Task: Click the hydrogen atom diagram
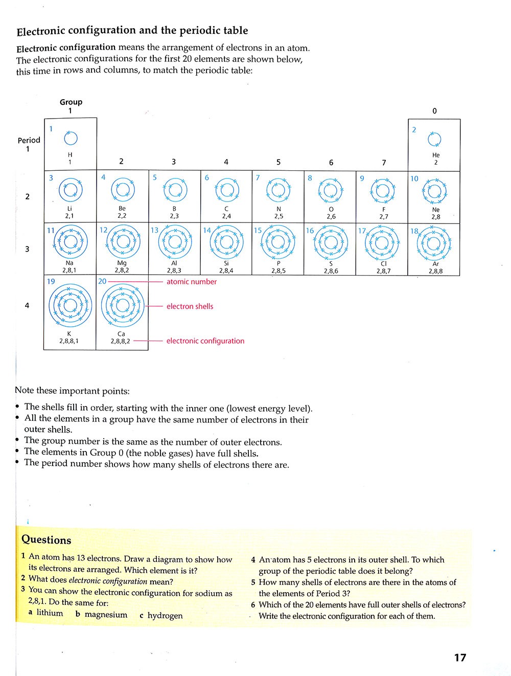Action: (70, 138)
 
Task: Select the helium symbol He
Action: (435, 155)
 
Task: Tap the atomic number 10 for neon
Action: (414, 178)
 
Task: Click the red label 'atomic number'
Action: (192, 282)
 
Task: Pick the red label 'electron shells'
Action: (190, 306)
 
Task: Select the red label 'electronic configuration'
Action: (205, 341)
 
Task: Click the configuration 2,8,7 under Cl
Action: (383, 271)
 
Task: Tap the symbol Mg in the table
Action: (122, 263)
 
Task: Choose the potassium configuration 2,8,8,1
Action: (69, 341)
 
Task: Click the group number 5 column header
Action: (278, 162)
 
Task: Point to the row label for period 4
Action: (27, 306)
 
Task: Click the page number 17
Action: (460, 658)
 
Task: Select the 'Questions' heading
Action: (47, 540)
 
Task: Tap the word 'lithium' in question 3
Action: (50, 613)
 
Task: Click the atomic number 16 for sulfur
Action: (310, 231)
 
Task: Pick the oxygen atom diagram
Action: (331, 190)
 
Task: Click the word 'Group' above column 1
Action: (71, 102)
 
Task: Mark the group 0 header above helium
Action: (434, 111)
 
